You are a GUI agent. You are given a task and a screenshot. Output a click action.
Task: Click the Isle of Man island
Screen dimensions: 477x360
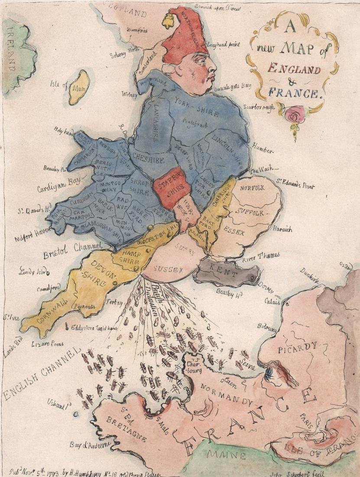pyautogui.click(x=79, y=87)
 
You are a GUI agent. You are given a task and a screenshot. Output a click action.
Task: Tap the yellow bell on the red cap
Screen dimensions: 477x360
pyautogui.click(x=168, y=19)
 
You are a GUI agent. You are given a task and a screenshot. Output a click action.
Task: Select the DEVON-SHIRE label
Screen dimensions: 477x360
pyautogui.click(x=95, y=273)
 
